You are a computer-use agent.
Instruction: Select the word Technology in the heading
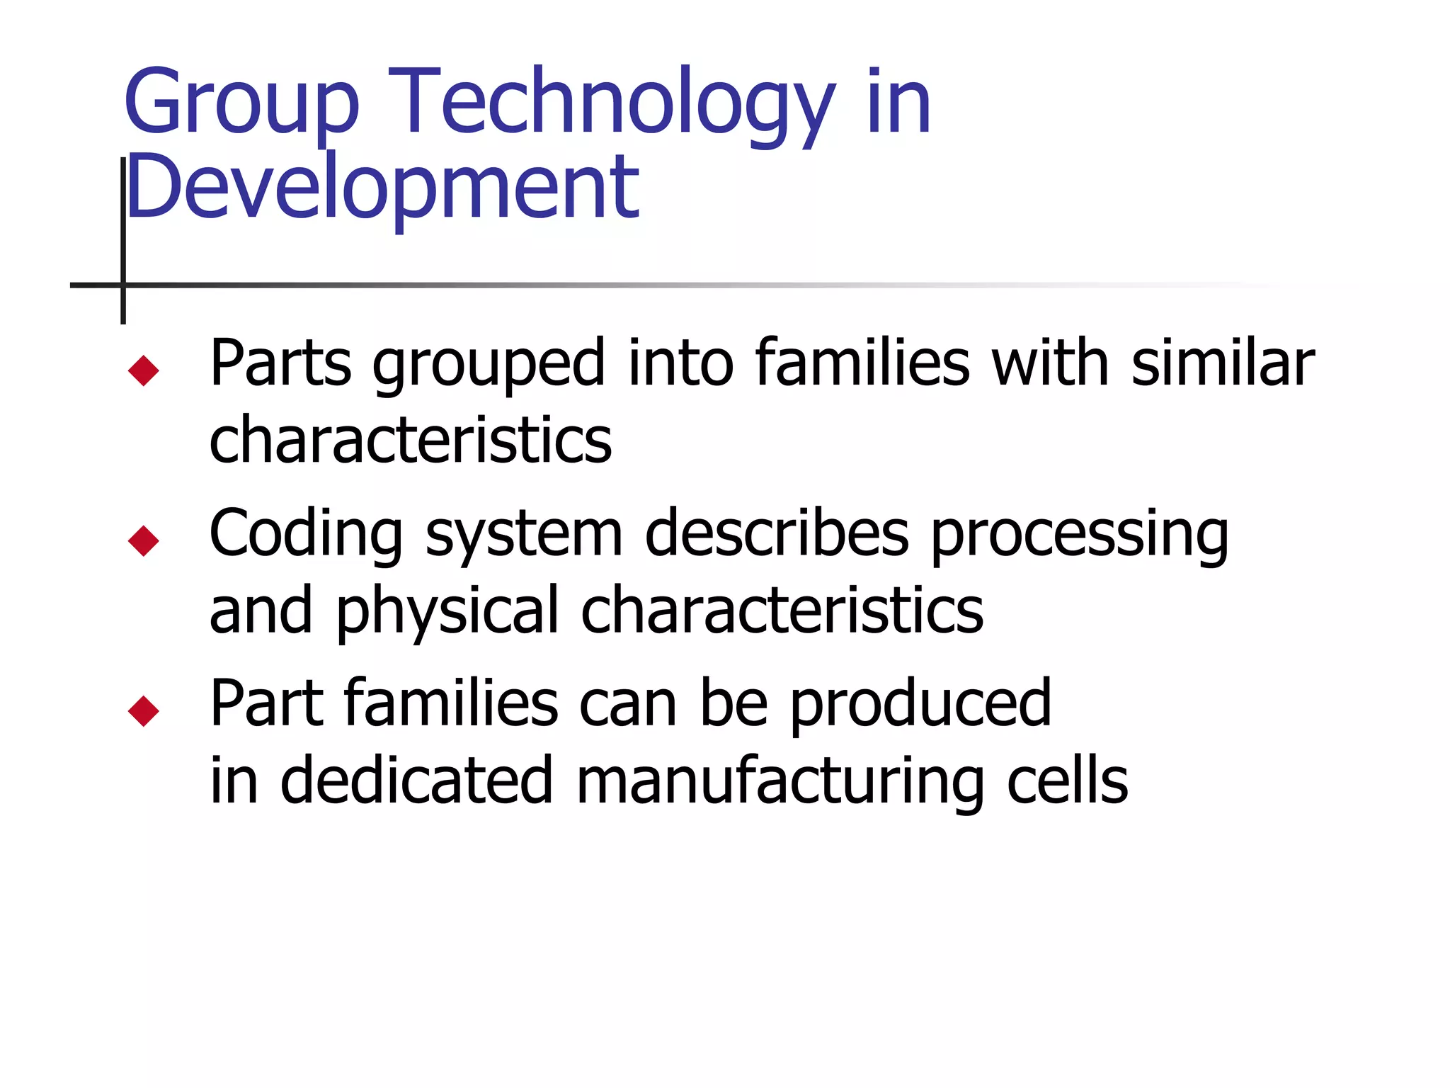click(x=612, y=103)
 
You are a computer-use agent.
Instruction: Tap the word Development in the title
click(x=382, y=188)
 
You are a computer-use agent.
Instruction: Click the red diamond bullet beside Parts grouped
click(x=144, y=370)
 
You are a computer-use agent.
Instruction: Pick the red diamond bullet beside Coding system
click(x=144, y=541)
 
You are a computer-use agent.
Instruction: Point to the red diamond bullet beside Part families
click(x=144, y=711)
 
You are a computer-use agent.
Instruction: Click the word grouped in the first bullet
click(x=489, y=365)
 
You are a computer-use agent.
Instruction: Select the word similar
click(x=1223, y=363)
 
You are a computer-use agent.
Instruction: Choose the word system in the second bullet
click(x=524, y=535)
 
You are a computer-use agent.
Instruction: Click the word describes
click(x=777, y=533)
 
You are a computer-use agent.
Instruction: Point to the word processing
click(x=1079, y=535)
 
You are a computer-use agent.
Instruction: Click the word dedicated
click(x=416, y=781)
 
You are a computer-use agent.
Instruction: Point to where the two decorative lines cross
click(x=123, y=285)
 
